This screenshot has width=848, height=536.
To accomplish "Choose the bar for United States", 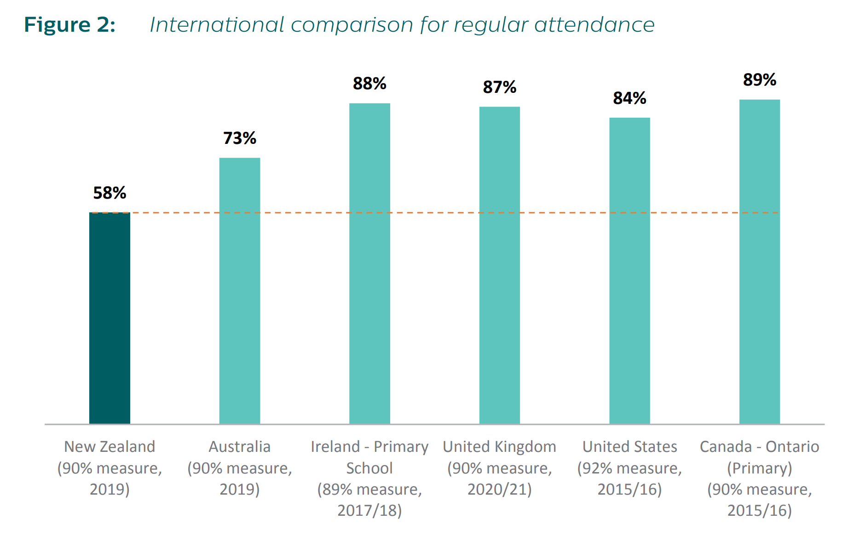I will point(629,271).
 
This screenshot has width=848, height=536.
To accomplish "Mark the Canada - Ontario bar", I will point(759,262).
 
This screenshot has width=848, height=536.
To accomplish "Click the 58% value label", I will point(110,193).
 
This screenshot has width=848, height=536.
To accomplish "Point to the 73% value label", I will point(239,138).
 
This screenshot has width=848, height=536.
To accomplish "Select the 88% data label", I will point(369,84).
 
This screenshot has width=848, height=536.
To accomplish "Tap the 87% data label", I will point(499,87).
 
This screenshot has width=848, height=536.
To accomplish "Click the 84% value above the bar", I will point(629,98).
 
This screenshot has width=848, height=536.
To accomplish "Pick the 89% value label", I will point(759,80).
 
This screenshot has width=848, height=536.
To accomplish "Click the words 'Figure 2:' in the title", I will point(69,25).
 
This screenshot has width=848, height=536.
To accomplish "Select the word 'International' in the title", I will point(217,25).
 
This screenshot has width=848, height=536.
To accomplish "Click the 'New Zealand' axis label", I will point(110,446).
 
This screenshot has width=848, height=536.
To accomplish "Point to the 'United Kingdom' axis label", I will point(499,446).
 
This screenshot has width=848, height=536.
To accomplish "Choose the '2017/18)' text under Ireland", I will point(369,510).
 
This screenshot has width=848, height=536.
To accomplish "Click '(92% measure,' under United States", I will point(629,468).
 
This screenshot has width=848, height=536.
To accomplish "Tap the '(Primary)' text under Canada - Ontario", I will point(759,468).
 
